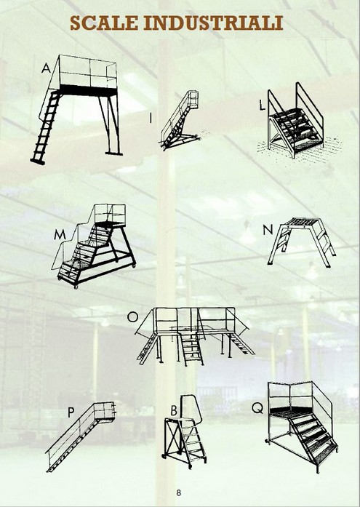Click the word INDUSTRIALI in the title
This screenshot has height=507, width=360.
click(213, 23)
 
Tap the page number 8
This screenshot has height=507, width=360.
click(179, 492)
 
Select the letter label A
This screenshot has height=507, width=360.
click(46, 68)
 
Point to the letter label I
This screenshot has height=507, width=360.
click(151, 118)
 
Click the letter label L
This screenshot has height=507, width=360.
click(262, 105)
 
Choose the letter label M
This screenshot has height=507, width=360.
click(60, 235)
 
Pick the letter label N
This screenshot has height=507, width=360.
click(268, 230)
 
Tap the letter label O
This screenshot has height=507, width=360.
click(132, 317)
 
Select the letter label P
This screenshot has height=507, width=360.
click(71, 412)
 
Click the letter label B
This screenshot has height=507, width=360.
click(174, 411)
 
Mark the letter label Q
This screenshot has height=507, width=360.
click(257, 408)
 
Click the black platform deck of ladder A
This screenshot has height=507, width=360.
click(88, 90)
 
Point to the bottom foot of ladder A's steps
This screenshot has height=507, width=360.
click(38, 161)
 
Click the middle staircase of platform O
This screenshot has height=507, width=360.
click(192, 349)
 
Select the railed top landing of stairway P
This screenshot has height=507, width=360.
click(104, 412)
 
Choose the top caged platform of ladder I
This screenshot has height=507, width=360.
click(193, 100)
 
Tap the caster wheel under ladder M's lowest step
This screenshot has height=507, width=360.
click(76, 287)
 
